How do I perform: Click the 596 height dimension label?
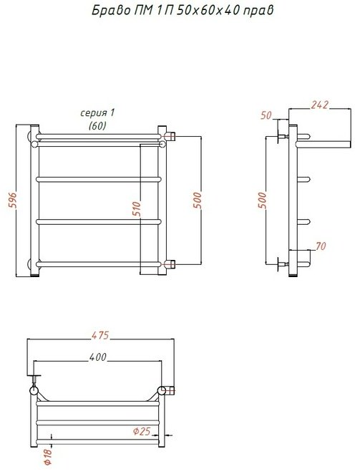click(x=14, y=200)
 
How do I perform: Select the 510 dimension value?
click(x=137, y=209)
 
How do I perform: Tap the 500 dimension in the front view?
click(x=197, y=200)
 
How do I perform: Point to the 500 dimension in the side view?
click(x=263, y=200)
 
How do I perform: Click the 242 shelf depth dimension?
click(x=319, y=105)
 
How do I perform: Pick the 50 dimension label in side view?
click(x=266, y=115)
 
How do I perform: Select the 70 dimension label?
click(x=321, y=246)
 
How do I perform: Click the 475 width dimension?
click(x=100, y=335)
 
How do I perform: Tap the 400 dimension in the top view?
click(x=98, y=357)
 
